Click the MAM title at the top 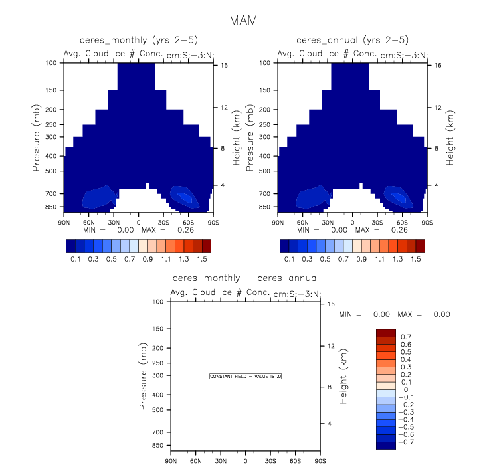coord(243,21)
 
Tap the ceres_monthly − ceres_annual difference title coord(245,278)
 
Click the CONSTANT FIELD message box coord(246,377)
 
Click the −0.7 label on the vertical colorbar coord(407,441)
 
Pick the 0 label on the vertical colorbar coord(402,389)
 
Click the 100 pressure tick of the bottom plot coord(158,302)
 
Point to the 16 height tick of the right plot coord(438,66)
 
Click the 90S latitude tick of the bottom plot coord(320,461)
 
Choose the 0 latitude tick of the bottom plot coord(245,461)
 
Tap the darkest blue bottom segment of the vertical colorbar coord(385,445)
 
